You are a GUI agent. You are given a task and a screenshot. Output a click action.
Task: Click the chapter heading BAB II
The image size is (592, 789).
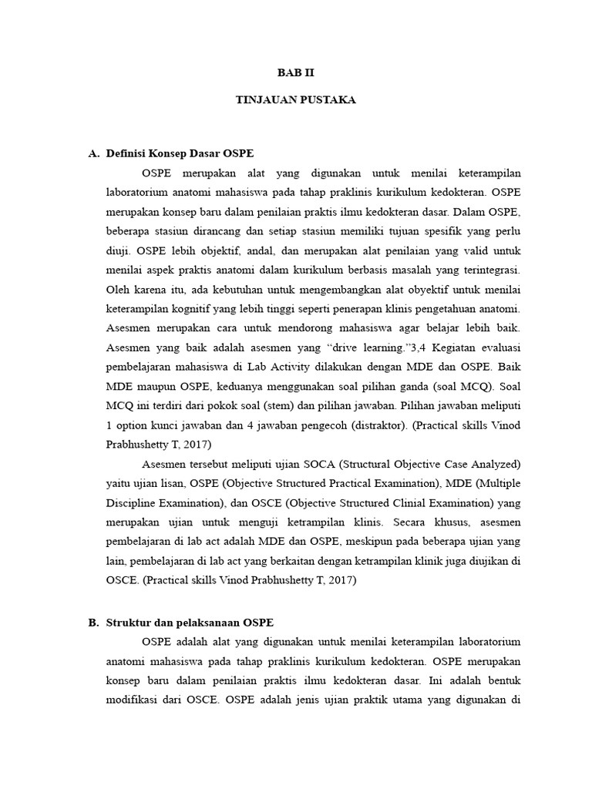tap(296, 72)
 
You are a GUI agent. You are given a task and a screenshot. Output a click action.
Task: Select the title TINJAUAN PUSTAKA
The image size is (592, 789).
tap(296, 101)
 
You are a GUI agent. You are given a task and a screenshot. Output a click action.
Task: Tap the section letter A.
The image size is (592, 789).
tap(95, 153)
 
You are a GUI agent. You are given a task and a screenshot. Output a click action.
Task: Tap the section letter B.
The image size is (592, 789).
tap(94, 622)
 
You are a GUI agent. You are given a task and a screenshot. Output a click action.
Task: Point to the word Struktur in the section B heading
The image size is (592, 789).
tap(130, 622)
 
